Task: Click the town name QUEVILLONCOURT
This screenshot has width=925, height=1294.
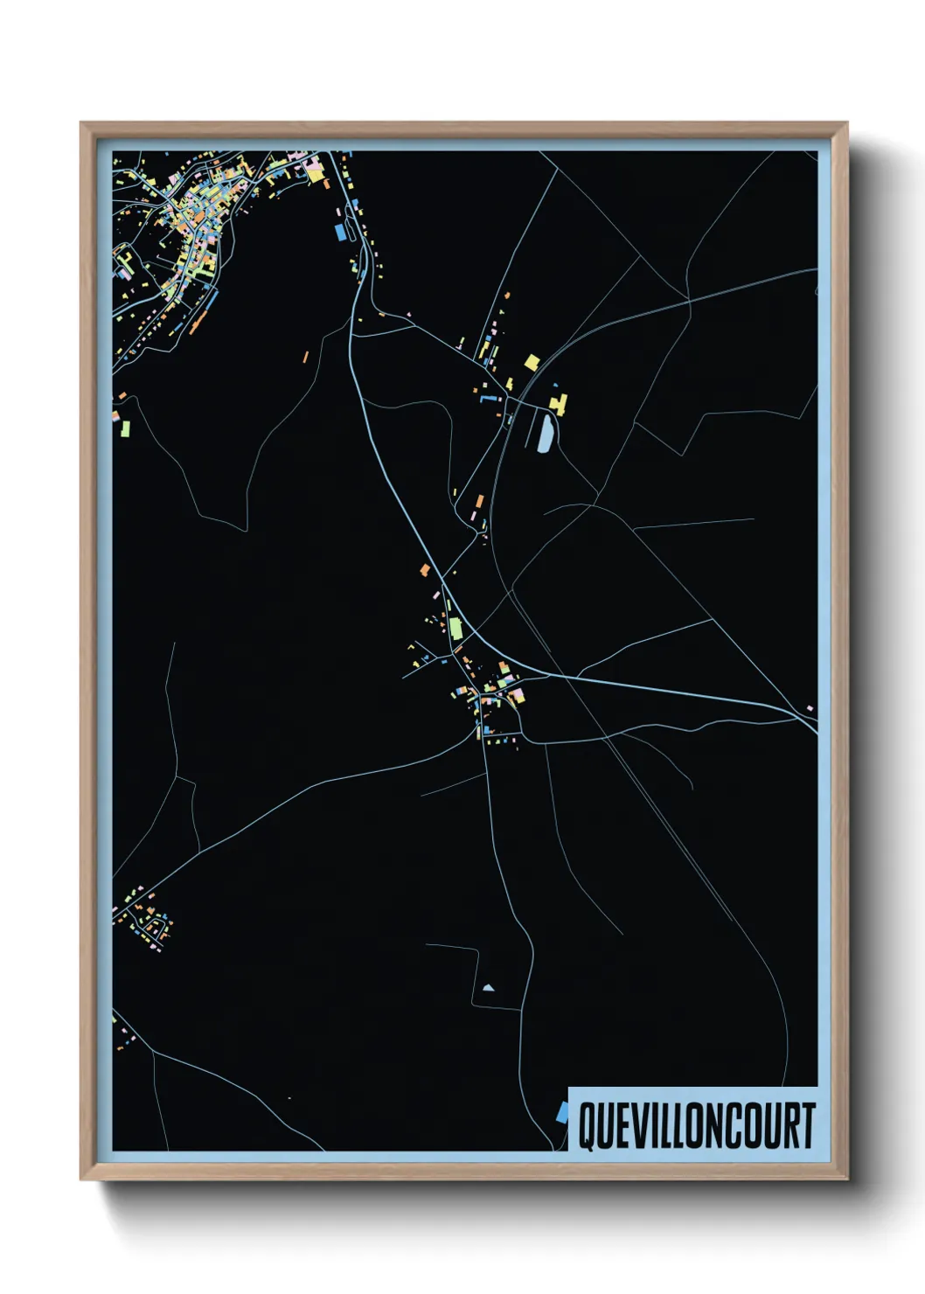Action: (x=697, y=1125)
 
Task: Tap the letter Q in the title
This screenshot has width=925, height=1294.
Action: (x=588, y=1126)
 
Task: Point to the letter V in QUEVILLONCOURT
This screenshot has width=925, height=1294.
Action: (x=638, y=1126)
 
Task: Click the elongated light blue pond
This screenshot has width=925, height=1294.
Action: (x=545, y=433)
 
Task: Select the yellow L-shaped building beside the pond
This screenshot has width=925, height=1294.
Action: (x=557, y=403)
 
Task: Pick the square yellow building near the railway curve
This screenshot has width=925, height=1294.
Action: (x=532, y=362)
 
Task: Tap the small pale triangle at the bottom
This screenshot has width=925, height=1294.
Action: (x=488, y=988)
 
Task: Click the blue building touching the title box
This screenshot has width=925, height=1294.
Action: (x=562, y=1113)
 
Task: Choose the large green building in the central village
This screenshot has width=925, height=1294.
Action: (x=456, y=629)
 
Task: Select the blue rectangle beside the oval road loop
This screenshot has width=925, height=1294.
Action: (x=340, y=233)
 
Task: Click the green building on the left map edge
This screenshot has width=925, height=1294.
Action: (x=124, y=428)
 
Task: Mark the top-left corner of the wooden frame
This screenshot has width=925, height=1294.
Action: (x=81, y=123)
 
